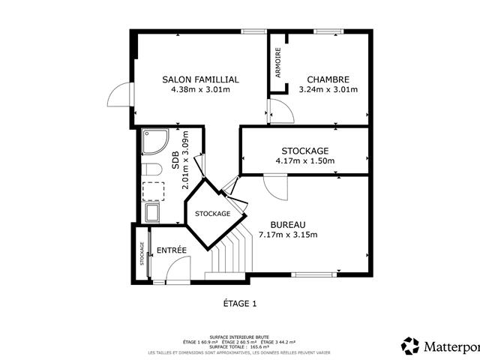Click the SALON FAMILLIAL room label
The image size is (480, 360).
tap(200, 79)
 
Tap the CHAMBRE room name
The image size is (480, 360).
tap(328, 79)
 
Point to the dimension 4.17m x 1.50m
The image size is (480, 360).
tap(304, 160)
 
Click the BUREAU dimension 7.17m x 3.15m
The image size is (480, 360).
tap(288, 235)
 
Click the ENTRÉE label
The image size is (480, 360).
tap(171, 250)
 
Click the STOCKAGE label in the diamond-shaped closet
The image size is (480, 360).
tap(212, 214)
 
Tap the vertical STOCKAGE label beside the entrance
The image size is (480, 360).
tap(142, 253)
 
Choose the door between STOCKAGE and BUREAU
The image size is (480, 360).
tap(275, 186)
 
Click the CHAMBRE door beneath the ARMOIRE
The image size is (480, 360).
tap(281, 110)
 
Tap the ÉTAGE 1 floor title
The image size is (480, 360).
tap(239, 304)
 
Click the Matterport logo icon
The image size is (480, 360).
tap(410, 346)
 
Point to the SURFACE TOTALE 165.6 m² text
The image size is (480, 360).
tap(240, 346)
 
